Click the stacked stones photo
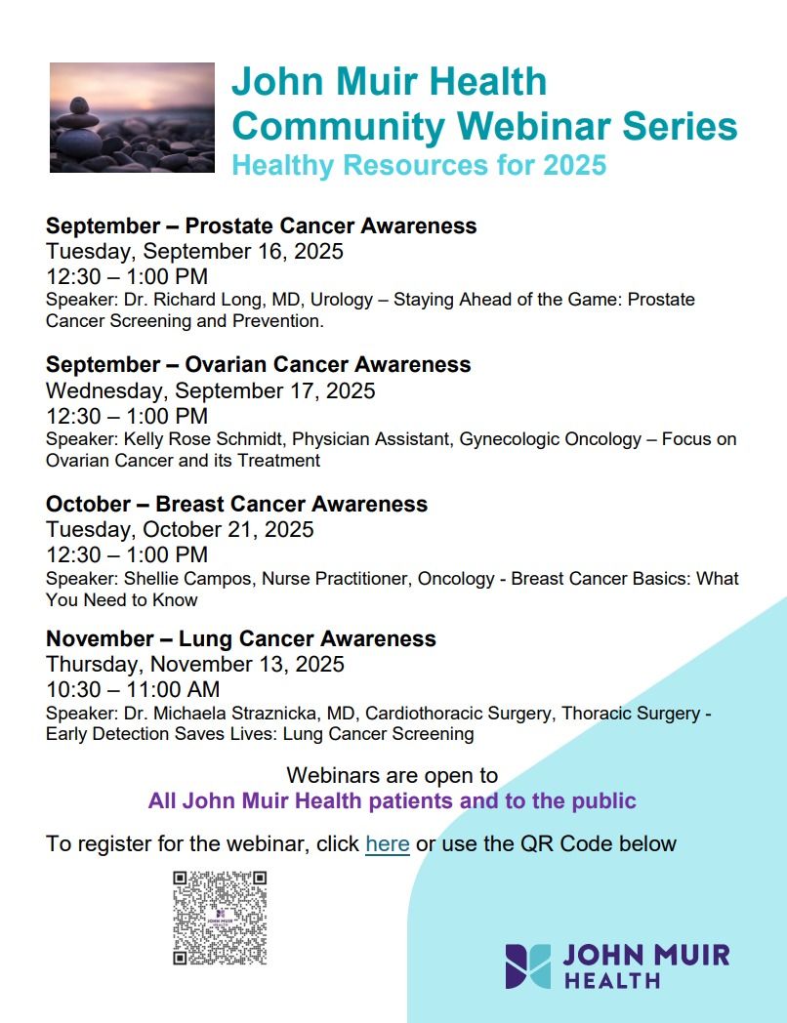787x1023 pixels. coord(132,117)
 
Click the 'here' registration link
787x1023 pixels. coord(388,843)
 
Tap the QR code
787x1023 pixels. coord(220,918)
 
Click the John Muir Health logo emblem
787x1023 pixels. coord(528,965)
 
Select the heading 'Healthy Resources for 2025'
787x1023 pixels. coord(419,165)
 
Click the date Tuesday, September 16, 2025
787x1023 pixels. coord(194,251)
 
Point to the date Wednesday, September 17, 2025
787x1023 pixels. coord(210,390)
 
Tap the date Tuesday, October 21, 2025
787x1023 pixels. coord(180,529)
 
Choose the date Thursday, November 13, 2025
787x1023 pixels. coord(194,664)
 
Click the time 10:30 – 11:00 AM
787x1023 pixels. coord(133,689)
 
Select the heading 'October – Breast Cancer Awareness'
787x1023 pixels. coord(237,504)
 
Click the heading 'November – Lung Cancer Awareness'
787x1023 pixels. coord(241,638)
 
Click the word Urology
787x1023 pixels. coord(342,300)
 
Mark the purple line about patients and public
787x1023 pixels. coord(393,800)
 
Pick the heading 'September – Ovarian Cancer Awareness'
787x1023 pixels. coord(259,364)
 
